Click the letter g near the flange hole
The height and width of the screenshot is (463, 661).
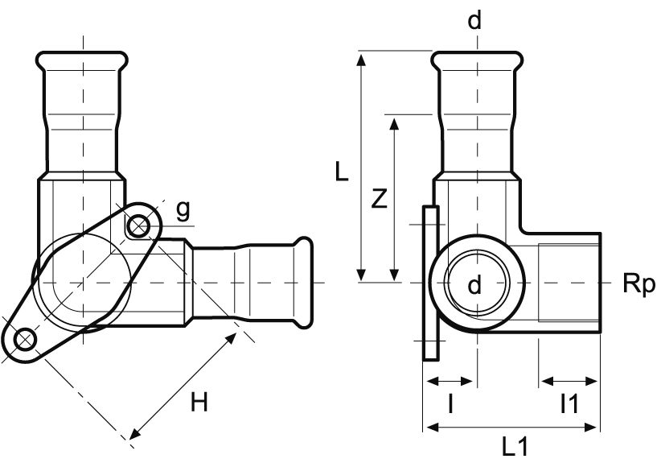pyautogui.click(x=183, y=210)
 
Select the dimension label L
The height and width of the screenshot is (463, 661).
pyautogui.click(x=342, y=172)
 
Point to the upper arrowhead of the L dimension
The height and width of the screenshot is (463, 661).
pyautogui.click(x=363, y=57)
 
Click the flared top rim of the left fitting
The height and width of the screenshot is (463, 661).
pyautogui.click(x=80, y=57)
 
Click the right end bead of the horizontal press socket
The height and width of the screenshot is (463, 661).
pyautogui.click(x=303, y=258)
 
